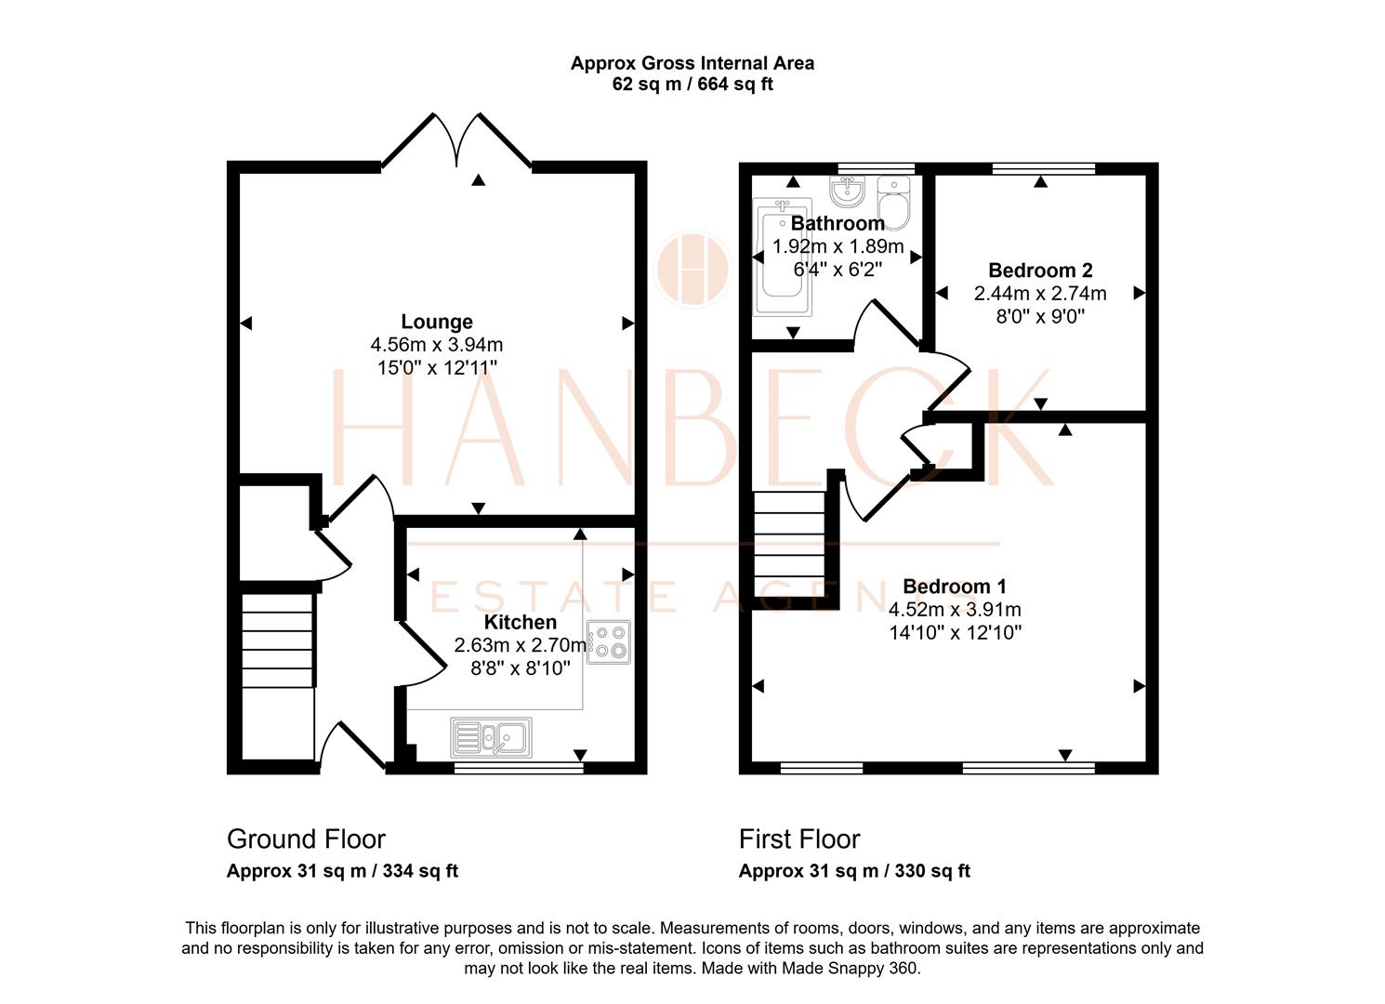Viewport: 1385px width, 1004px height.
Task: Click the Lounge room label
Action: (x=437, y=322)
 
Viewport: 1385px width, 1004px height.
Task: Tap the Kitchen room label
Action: (x=520, y=622)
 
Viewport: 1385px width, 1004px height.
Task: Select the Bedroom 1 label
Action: (x=955, y=586)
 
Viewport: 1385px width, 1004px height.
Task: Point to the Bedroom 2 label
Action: (x=1040, y=271)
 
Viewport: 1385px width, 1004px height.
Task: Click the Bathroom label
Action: (x=838, y=223)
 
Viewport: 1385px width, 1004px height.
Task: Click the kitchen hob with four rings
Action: (x=609, y=641)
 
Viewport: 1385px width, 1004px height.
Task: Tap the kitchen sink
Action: (x=491, y=737)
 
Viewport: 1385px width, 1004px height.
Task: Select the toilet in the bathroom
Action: (x=893, y=203)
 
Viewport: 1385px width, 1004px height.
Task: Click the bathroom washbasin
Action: (x=847, y=191)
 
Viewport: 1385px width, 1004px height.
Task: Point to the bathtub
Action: (x=782, y=257)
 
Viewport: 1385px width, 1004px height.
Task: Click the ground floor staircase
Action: (x=278, y=641)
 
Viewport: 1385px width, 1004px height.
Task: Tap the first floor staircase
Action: (x=789, y=544)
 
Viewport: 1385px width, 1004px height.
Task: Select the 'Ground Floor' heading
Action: (x=306, y=839)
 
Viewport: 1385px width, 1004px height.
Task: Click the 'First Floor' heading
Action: (x=799, y=839)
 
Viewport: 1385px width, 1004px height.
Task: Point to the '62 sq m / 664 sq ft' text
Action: (x=692, y=84)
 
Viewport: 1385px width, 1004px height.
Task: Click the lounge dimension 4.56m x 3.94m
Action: (x=437, y=344)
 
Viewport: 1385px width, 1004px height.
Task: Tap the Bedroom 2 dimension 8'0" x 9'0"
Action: (x=1040, y=316)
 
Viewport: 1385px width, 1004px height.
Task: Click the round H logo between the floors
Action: (x=693, y=270)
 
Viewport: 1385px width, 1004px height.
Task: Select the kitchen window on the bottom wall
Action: (x=519, y=768)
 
